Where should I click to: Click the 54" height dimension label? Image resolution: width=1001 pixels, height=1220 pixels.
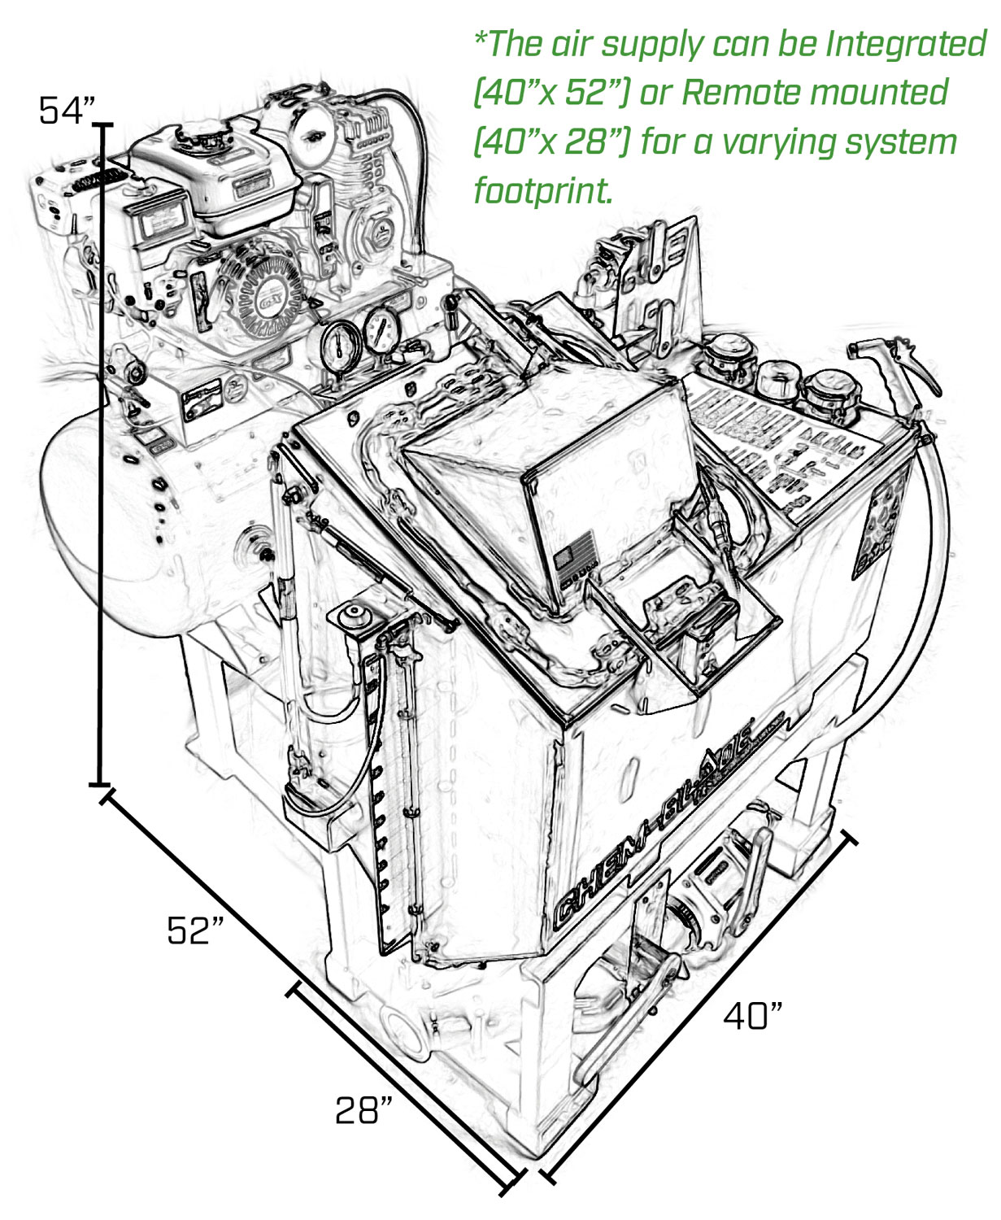67,111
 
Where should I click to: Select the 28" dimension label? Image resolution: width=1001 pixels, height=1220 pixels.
363,1109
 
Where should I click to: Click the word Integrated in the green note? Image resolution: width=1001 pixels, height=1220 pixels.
905,44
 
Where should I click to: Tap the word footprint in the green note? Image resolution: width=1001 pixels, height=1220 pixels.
542,191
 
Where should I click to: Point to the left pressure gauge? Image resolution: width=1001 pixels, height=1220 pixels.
339,345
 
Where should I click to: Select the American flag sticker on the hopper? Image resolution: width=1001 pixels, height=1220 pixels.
564,559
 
